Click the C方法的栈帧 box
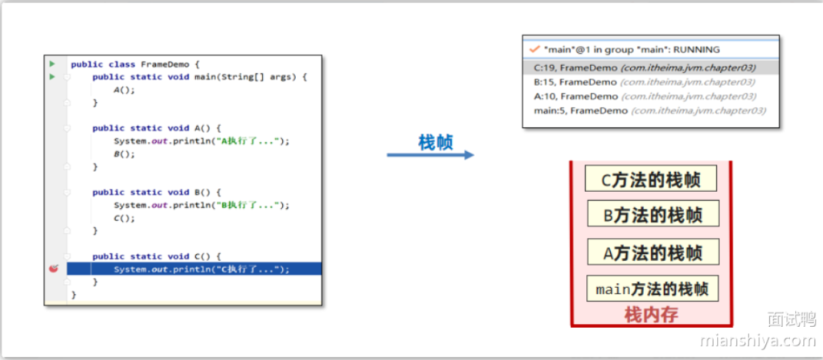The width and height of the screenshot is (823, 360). (651, 180)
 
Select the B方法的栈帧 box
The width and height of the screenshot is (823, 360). (651, 215)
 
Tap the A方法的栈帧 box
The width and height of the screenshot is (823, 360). (651, 252)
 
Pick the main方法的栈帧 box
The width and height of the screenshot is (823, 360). (651, 288)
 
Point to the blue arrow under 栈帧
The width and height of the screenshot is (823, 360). (430, 154)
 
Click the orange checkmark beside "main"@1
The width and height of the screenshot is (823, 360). (534, 49)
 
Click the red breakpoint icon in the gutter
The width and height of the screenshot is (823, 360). (53, 269)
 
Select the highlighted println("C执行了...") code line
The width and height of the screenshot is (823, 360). (201, 269)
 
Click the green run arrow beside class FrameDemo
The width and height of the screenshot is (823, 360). (51, 63)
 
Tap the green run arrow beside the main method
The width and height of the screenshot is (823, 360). (51, 76)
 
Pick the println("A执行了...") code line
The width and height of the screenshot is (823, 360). (201, 141)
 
